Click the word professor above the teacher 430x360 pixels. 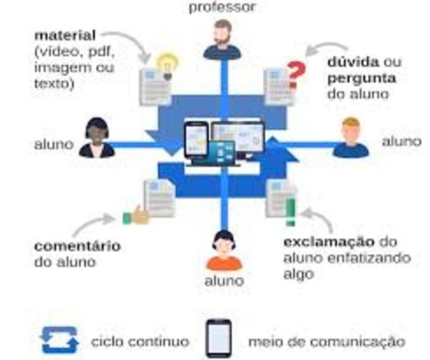click(x=222, y=7)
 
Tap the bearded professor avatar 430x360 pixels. click(x=222, y=40)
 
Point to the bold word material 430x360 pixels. click(x=64, y=35)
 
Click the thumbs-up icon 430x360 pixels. click(x=136, y=216)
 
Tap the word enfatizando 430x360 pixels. click(x=372, y=258)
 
